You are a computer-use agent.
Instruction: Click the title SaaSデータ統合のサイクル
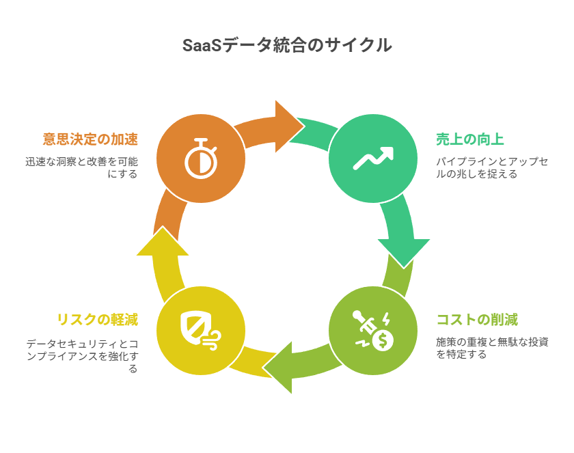click(x=287, y=46)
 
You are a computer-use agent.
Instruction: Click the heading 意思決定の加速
click(x=90, y=139)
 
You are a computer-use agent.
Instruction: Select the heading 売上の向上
click(x=470, y=139)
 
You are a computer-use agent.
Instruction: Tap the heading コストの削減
click(x=477, y=319)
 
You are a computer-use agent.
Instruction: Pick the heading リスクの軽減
click(x=97, y=319)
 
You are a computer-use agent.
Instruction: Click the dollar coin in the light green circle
click(x=383, y=339)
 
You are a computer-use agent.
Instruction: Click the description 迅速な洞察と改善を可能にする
click(x=81, y=167)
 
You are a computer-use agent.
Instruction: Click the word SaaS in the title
click(x=202, y=46)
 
